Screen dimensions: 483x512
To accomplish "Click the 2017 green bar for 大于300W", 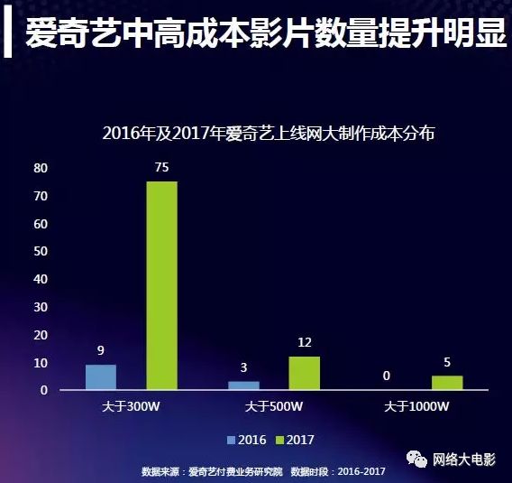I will pos(162,285).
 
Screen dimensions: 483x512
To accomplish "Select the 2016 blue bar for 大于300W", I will pos(101,377).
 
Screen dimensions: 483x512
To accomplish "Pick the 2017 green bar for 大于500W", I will pos(305,373).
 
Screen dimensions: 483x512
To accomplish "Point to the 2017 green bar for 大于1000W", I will pos(447,383).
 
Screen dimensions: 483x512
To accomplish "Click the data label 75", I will pos(162,167).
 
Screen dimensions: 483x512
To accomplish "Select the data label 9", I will pos(101,351).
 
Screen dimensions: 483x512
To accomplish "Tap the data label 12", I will pos(305,342).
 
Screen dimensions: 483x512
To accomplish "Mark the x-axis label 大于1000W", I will pos(416,407).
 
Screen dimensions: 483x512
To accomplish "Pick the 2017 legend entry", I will pos(294,440).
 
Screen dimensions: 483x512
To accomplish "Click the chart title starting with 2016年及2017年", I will pos(269,134).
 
